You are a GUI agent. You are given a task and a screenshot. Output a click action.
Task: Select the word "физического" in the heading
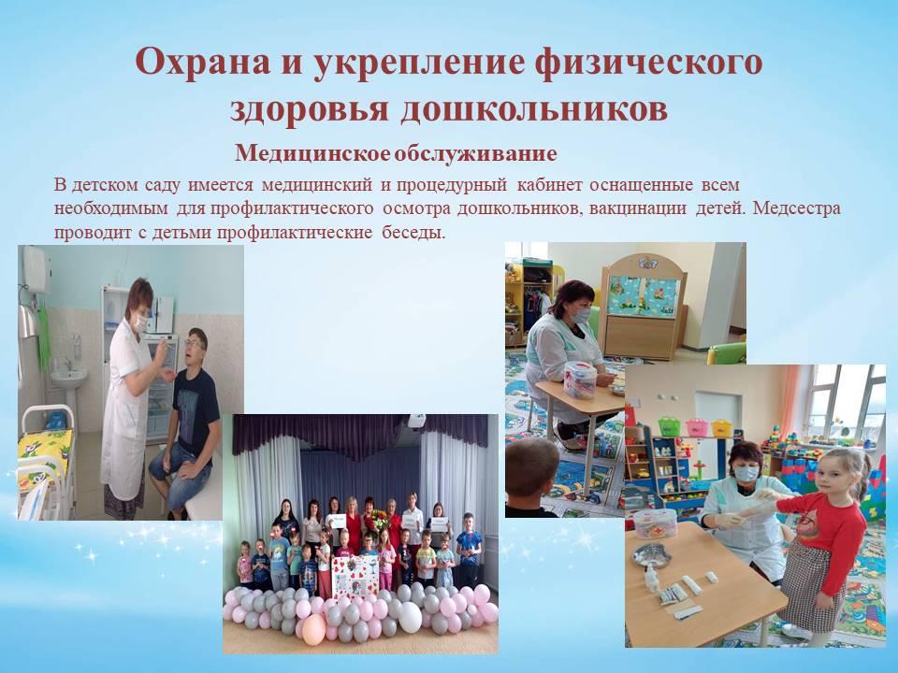pyautogui.click(x=647, y=63)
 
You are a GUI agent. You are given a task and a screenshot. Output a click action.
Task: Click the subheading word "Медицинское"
pyautogui.click(x=312, y=153)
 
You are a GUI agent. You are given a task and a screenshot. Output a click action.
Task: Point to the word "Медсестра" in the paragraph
pyautogui.click(x=797, y=208)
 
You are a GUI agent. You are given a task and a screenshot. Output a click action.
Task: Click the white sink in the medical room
pyautogui.click(x=68, y=379)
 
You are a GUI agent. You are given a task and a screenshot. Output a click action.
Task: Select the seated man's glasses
pyautogui.click(x=195, y=344)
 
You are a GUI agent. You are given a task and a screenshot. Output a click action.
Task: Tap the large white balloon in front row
pyautogui.click(x=410, y=617)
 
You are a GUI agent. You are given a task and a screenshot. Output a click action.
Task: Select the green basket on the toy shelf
pyautogui.click(x=669, y=426)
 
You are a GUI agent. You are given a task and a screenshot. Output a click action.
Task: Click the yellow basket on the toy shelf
pyautogui.click(x=721, y=428)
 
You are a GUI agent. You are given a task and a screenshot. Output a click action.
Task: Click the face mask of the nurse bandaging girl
pyautogui.click(x=746, y=474)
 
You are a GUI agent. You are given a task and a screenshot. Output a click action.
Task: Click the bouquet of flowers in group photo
pyautogui.click(x=377, y=521)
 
